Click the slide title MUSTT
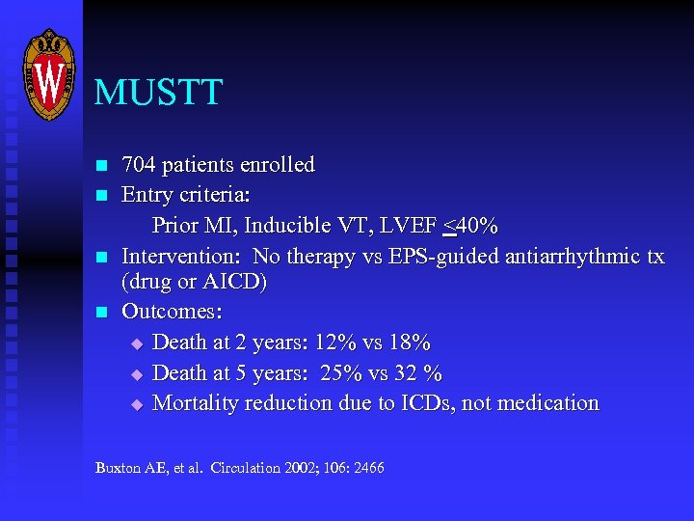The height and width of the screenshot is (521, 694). (158, 93)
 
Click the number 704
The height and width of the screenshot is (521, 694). (140, 165)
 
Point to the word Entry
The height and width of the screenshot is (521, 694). (147, 196)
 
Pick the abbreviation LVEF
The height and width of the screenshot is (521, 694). (408, 227)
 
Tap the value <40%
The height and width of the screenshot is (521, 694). (470, 227)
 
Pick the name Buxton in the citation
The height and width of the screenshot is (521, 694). (117, 468)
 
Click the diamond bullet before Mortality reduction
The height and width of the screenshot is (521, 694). (136, 403)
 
